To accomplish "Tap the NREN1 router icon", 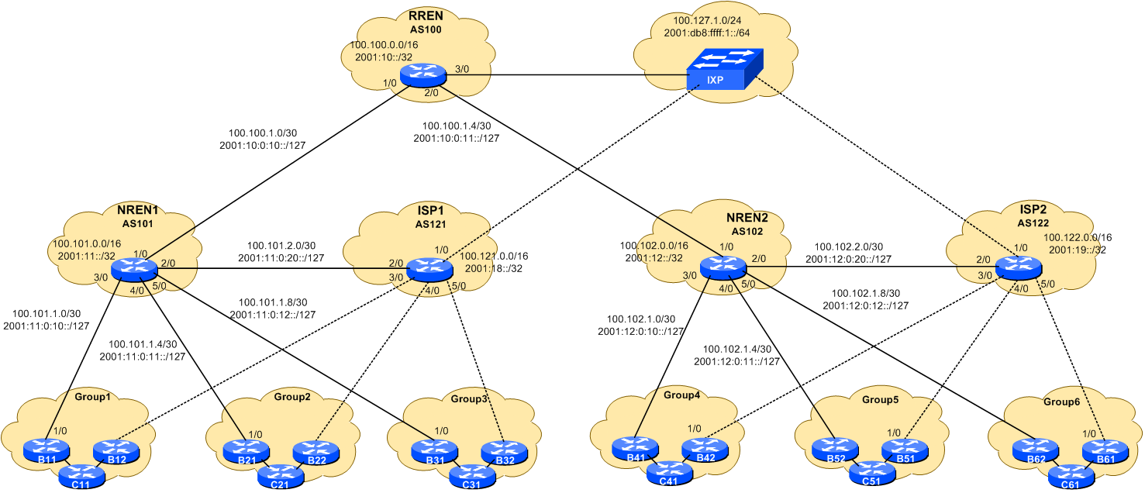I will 134,269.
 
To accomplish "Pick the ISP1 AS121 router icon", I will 428,269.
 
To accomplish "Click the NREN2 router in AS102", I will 723,268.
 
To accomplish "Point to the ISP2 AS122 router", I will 1017,268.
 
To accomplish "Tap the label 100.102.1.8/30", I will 865,294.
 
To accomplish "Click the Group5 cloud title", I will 880,400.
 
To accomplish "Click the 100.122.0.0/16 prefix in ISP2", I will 1077,237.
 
